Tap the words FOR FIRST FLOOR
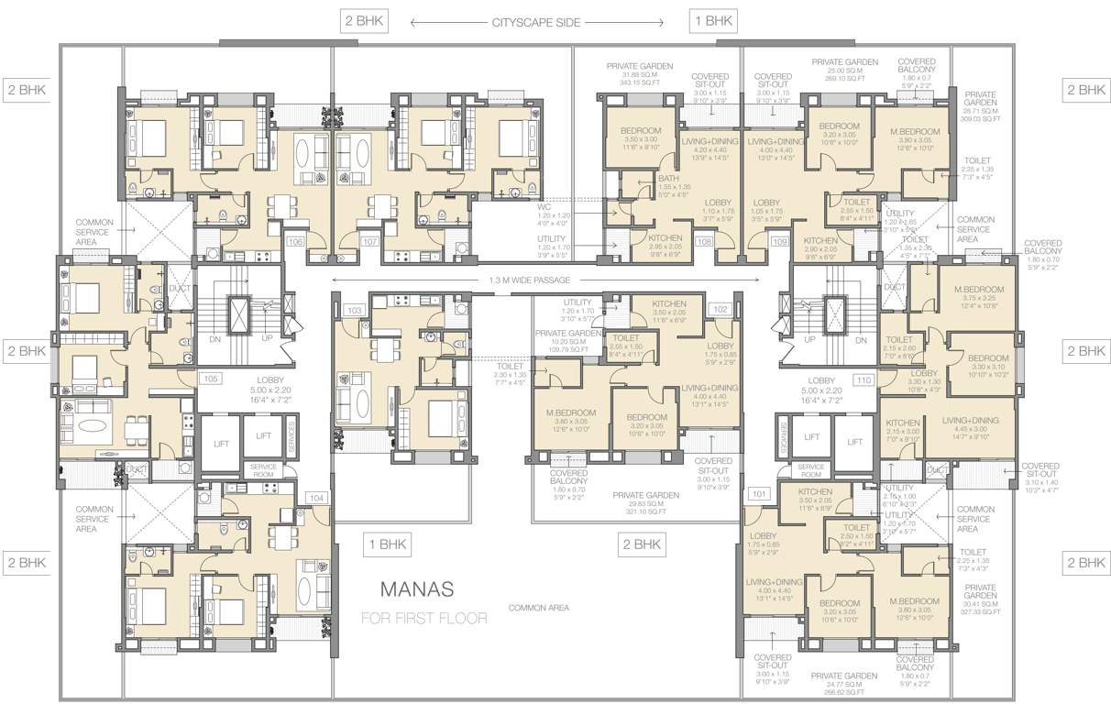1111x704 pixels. pos(423,618)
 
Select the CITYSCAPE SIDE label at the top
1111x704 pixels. pos(536,22)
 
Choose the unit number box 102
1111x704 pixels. pos(720,310)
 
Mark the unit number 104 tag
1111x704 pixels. pos(317,497)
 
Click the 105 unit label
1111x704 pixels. pos(211,378)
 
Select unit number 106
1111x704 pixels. pos(295,242)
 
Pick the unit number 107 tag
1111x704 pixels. pos(370,242)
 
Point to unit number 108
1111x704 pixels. pos(704,242)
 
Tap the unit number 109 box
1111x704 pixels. pos(779,242)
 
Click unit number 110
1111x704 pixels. pos(863,378)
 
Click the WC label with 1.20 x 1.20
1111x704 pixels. pos(544,207)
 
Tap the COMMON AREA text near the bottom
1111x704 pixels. pos(539,608)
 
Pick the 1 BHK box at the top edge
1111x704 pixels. pos(712,20)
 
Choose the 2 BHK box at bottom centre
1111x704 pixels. pos(642,544)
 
